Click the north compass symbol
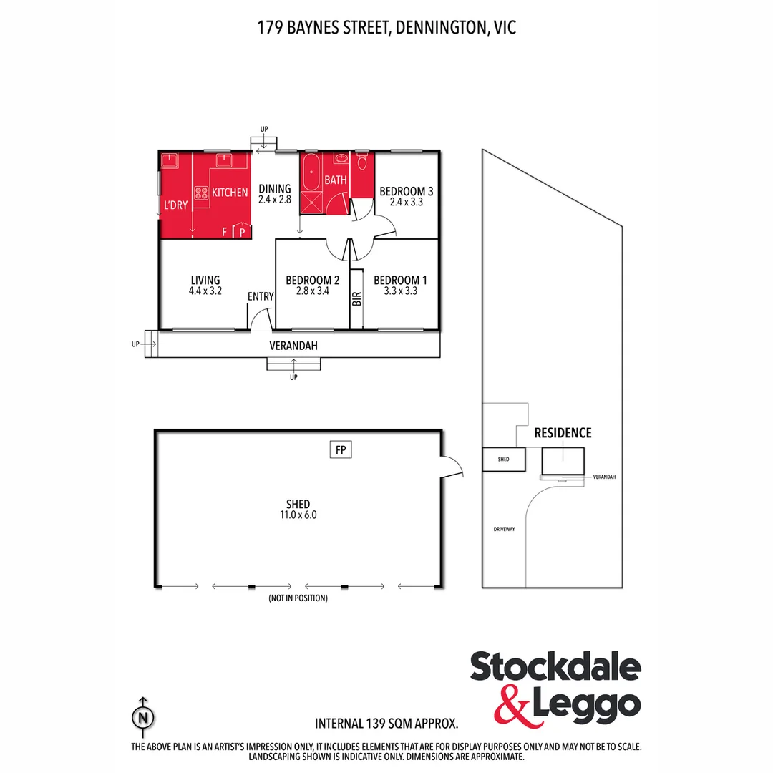[x=144, y=716]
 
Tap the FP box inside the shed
[x=341, y=449]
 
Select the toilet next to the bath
[x=362, y=162]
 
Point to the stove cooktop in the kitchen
[x=200, y=193]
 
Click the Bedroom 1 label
[x=400, y=280]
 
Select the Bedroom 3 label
[x=407, y=191]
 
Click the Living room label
[x=205, y=280]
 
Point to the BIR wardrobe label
[x=356, y=298]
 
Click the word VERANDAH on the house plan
[x=293, y=346]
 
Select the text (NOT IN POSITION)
[x=298, y=598]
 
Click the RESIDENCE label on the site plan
[x=563, y=432]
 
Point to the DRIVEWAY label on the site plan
[x=504, y=530]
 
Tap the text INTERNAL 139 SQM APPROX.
[x=386, y=724]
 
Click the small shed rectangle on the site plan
[x=504, y=459]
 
